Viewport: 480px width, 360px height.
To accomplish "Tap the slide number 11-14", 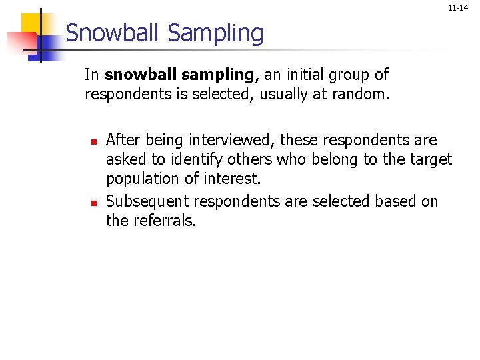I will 457,8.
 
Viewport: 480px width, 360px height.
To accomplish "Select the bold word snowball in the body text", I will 132,75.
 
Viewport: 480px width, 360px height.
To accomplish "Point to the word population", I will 141,179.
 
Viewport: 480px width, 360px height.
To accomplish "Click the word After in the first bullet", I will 121,140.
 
